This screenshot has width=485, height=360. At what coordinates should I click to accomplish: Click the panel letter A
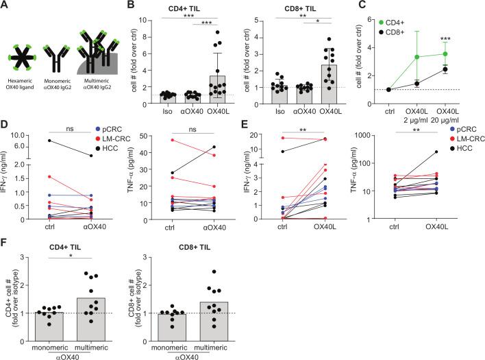(5, 5)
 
